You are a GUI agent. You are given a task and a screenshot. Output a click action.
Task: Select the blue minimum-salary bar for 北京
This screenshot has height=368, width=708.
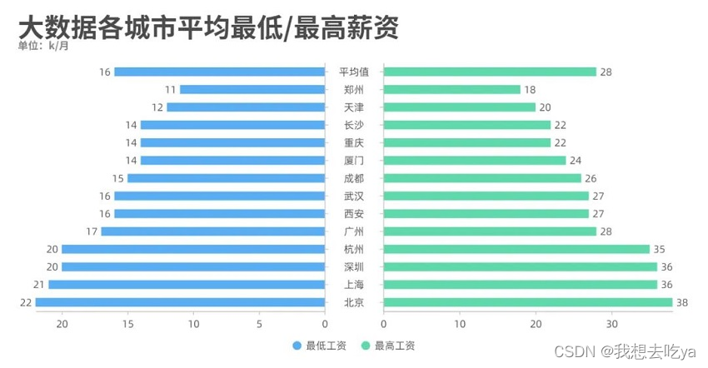click(180, 302)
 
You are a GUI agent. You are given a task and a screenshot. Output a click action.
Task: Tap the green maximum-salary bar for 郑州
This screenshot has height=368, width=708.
click(451, 90)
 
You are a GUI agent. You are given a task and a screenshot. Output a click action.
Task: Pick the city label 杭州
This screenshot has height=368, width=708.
click(354, 249)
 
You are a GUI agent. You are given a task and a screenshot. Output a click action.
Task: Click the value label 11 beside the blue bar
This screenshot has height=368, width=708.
click(171, 90)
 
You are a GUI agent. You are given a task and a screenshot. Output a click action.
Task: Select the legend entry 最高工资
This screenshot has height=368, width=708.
click(388, 346)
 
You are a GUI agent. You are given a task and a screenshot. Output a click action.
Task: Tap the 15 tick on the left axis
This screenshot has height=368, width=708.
click(127, 324)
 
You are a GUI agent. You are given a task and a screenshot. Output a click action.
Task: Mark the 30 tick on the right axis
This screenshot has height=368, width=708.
click(612, 324)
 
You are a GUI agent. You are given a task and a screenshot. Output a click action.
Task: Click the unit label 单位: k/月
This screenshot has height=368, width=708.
click(44, 47)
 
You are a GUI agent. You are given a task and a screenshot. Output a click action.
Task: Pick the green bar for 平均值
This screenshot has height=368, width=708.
click(490, 72)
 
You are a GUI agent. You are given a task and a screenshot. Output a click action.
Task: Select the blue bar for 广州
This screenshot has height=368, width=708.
click(212, 231)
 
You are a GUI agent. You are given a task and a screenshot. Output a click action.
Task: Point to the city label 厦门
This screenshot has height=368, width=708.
click(354, 160)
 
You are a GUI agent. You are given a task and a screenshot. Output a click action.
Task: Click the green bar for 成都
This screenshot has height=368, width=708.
click(482, 178)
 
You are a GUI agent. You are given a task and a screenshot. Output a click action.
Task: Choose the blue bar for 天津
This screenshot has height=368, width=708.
click(246, 107)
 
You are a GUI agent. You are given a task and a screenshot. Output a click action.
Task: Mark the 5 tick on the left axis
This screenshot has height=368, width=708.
click(259, 324)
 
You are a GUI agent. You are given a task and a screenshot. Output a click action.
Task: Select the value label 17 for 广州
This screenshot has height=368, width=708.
click(92, 231)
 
